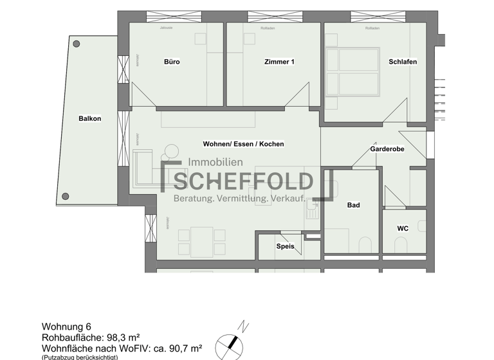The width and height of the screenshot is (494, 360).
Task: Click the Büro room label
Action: (x=172, y=62)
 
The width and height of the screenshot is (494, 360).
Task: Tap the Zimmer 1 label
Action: (x=279, y=62)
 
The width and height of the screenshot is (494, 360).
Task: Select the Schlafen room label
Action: (x=403, y=62)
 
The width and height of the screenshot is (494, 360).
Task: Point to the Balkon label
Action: (x=90, y=118)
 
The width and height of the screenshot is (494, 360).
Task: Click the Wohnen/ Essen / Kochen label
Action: (x=243, y=144)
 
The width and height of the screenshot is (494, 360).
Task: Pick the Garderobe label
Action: (x=387, y=149)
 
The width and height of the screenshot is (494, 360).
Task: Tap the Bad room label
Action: (x=353, y=206)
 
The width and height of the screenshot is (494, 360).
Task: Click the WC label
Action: (x=403, y=228)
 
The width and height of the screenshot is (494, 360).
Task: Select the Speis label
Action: (x=285, y=246)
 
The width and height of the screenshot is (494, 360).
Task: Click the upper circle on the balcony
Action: (x=77, y=44)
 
